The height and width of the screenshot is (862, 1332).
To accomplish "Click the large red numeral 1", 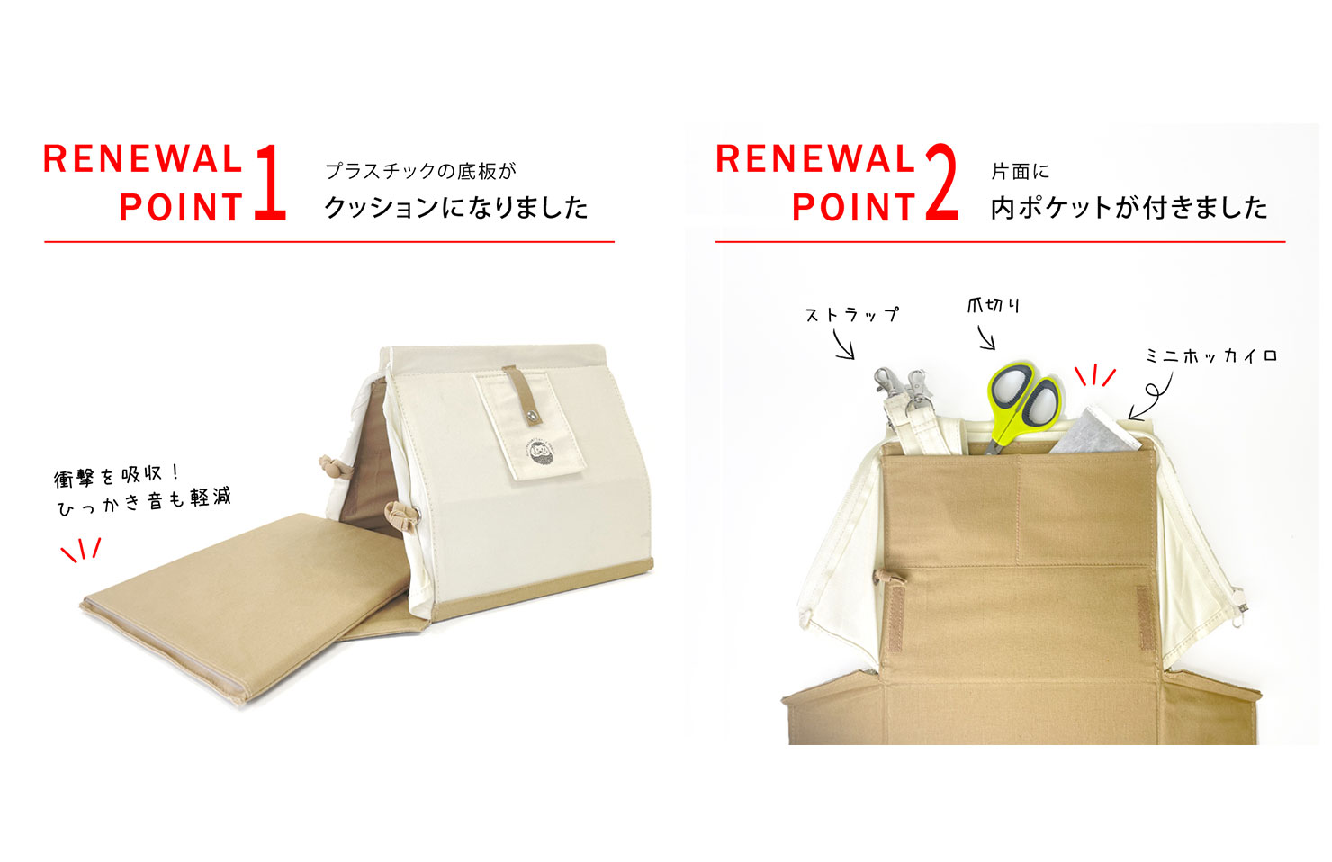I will tap(270, 184).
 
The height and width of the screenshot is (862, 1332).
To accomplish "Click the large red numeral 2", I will tap(940, 184).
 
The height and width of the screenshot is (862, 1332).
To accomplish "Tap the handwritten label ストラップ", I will tap(851, 315).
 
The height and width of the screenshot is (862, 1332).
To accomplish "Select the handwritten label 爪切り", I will tap(994, 306).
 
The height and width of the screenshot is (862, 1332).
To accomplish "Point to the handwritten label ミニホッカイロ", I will tap(1210, 356).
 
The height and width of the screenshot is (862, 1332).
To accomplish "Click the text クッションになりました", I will tap(455, 208).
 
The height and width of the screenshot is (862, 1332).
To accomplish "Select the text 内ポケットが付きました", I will tap(1129, 208).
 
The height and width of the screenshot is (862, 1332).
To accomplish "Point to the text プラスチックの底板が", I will tap(420, 171).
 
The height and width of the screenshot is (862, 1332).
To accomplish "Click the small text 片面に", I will tap(1020, 171).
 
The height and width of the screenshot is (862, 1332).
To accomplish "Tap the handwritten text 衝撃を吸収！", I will tap(118, 475).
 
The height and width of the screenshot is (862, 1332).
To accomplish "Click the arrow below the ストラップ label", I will tap(843, 345).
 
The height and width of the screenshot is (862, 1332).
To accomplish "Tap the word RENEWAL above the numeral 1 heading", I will tap(142, 159).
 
